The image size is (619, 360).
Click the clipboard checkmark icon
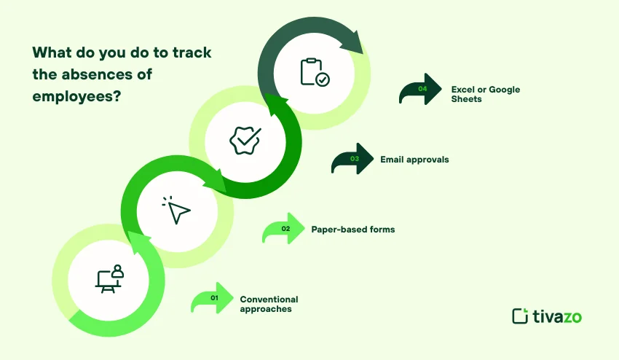(315, 72)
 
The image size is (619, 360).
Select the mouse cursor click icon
(176, 211)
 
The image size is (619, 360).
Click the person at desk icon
(109, 279)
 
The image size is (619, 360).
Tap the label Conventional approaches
(269, 304)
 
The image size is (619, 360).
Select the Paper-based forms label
(353, 230)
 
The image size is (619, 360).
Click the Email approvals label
(414, 159)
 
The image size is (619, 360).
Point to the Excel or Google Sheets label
(485, 94)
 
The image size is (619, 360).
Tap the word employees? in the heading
(76, 95)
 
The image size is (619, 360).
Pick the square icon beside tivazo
(520, 316)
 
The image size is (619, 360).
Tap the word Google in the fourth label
(504, 90)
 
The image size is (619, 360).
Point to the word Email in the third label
(393, 159)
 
